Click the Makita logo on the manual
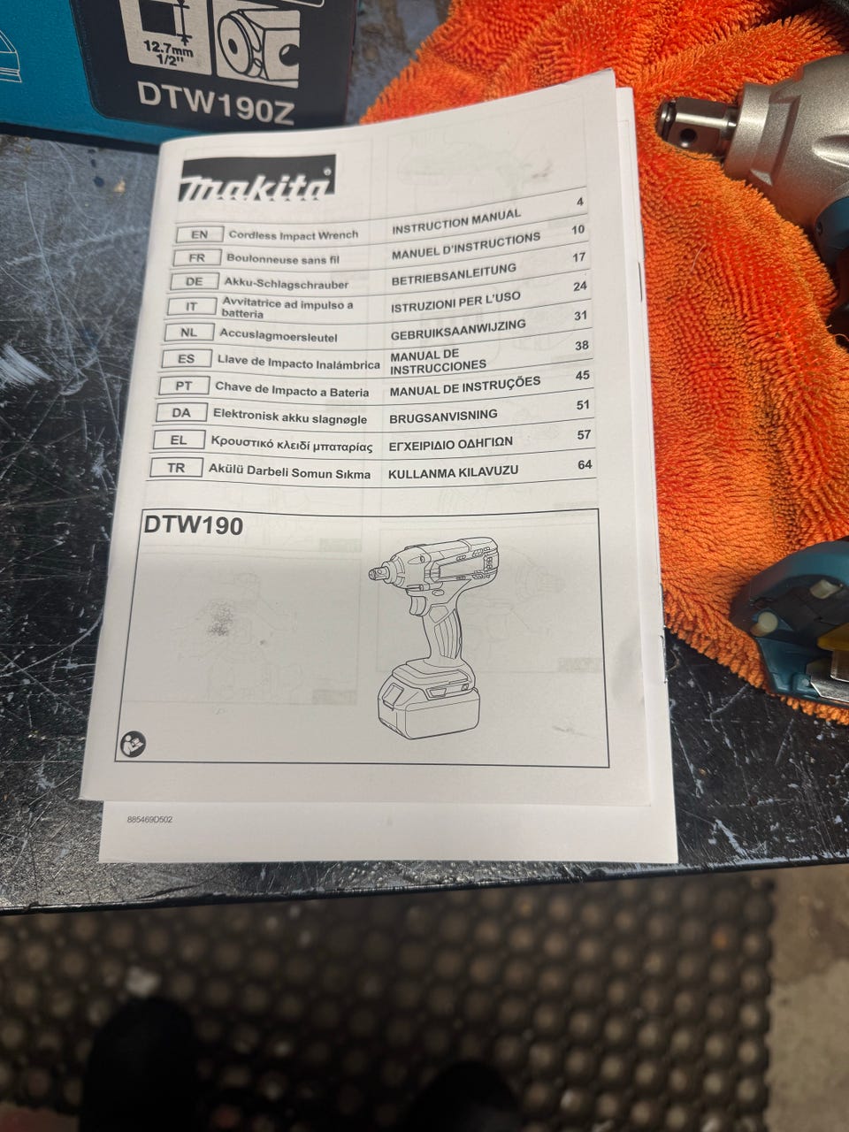256,179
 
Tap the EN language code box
200,234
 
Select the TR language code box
176,468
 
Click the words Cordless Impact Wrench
294,235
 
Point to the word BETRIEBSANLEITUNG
454,275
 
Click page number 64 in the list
585,464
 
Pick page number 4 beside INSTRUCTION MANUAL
580,202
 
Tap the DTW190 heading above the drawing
194,525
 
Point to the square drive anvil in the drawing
379,572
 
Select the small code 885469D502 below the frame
149,820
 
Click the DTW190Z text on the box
216,103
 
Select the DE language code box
194,281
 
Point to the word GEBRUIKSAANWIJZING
458,330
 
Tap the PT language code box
184,386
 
